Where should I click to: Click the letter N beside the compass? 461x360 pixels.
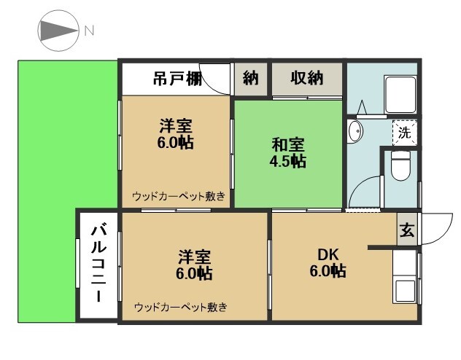pos(89,31)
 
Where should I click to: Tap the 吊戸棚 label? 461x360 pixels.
pos(177,79)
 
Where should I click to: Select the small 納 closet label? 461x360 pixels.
pos(251,79)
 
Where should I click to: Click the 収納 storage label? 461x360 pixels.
pos(306,79)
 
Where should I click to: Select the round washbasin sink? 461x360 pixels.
pos(355,132)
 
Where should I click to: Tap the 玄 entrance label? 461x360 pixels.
pos(407,231)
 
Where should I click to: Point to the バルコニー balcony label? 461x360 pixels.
pos(98,264)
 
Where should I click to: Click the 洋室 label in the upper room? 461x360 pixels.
pos(175,125)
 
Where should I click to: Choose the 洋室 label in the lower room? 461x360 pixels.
pos(195,257)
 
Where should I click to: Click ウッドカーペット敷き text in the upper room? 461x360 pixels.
pos(179,197)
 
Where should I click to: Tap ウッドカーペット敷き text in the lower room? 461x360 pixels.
pos(180,307)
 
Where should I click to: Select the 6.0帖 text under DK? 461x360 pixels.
pos(328,272)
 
